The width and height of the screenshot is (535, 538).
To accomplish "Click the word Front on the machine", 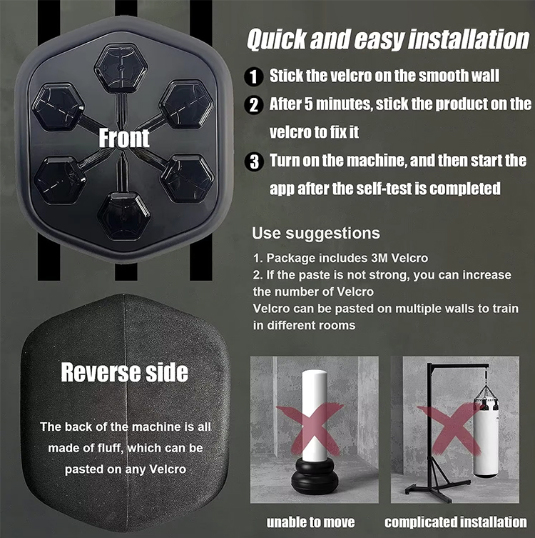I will tap(124, 137).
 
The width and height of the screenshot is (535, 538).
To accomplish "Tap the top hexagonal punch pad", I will tap(121, 66).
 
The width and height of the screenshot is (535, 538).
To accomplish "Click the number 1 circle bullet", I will tap(254, 76).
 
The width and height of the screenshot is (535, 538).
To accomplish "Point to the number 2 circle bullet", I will tap(254, 105).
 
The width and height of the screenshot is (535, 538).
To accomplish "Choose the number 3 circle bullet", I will tap(254, 161).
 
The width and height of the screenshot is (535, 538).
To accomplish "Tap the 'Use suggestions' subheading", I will tap(316, 234).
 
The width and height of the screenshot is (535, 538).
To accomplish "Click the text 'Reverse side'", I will tap(124, 372).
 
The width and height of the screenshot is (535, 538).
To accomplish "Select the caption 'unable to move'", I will tap(310, 522).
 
